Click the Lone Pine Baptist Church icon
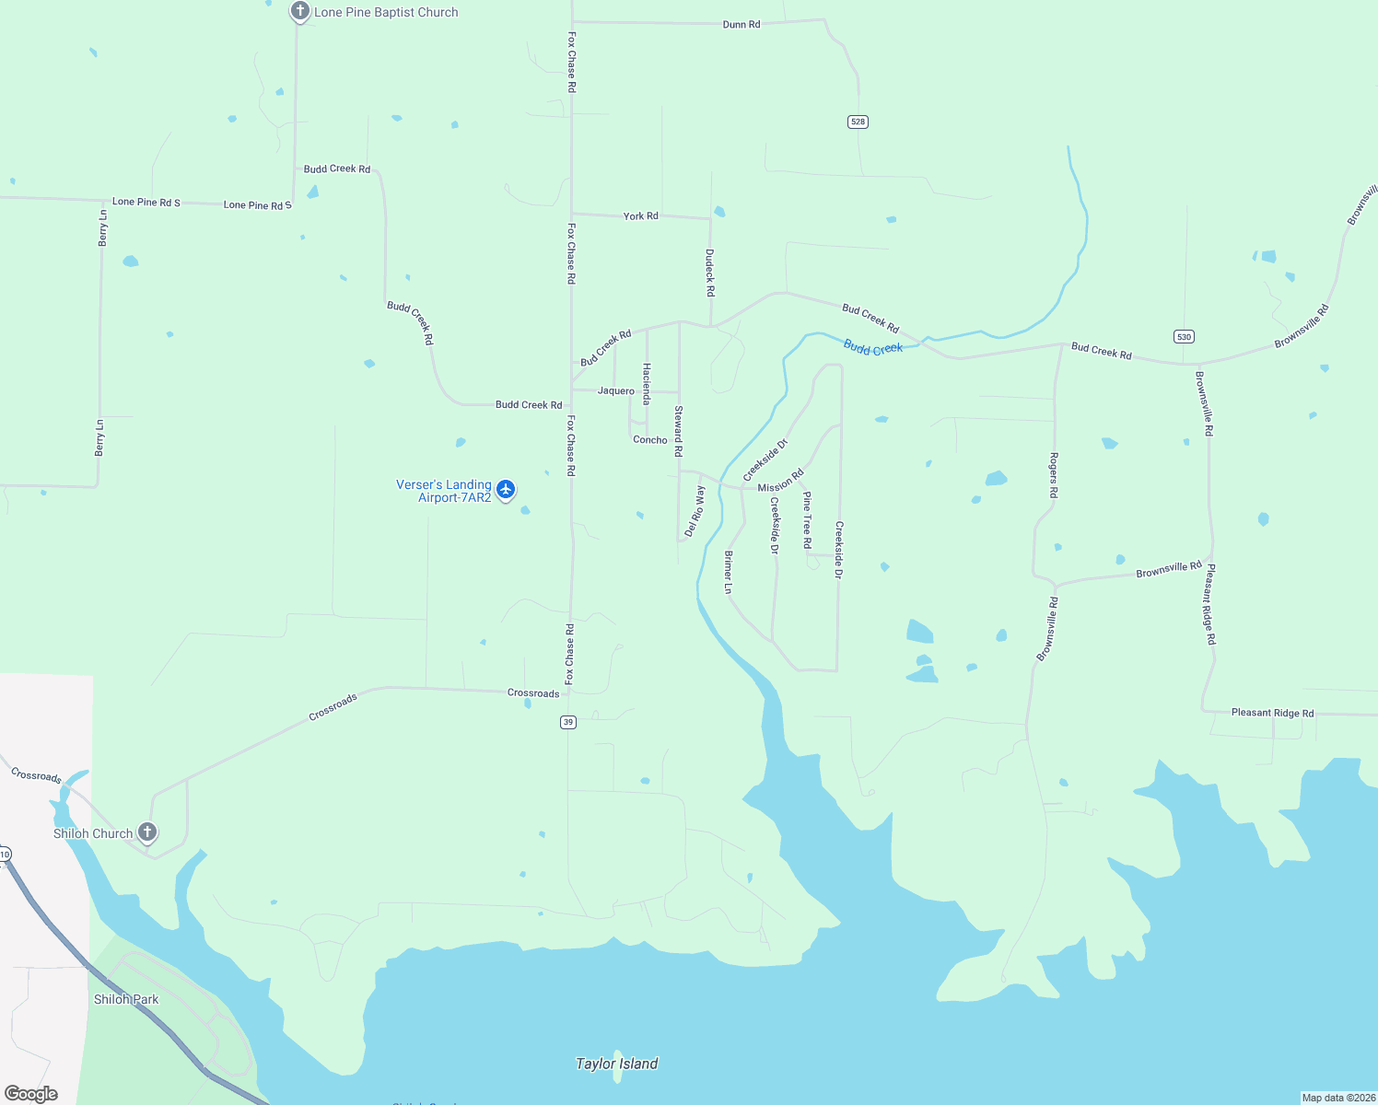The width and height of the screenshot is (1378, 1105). (299, 11)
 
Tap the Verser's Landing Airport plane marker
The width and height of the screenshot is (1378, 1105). (505, 489)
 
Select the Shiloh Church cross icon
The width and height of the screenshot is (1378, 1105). (146, 832)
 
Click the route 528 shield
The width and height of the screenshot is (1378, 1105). (858, 122)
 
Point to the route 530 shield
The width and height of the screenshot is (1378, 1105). (1184, 337)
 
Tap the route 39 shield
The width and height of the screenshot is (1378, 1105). (568, 722)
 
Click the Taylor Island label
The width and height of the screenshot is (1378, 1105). (616, 1064)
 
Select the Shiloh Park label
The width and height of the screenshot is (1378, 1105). (126, 999)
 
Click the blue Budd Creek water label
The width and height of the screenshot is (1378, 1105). (873, 348)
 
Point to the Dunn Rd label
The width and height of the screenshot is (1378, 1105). (742, 24)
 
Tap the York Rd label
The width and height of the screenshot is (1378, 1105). (641, 215)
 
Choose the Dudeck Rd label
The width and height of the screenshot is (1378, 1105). (710, 273)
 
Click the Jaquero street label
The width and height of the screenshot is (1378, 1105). (616, 390)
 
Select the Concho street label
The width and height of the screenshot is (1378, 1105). (650, 439)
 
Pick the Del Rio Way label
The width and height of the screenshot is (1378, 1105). (695, 511)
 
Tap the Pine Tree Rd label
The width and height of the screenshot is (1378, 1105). (807, 519)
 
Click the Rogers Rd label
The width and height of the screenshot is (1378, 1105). (1054, 475)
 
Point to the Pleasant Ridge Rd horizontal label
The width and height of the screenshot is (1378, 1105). (1272, 713)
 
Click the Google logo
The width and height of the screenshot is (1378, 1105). (31, 1094)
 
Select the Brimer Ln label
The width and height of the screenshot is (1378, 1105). (729, 572)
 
